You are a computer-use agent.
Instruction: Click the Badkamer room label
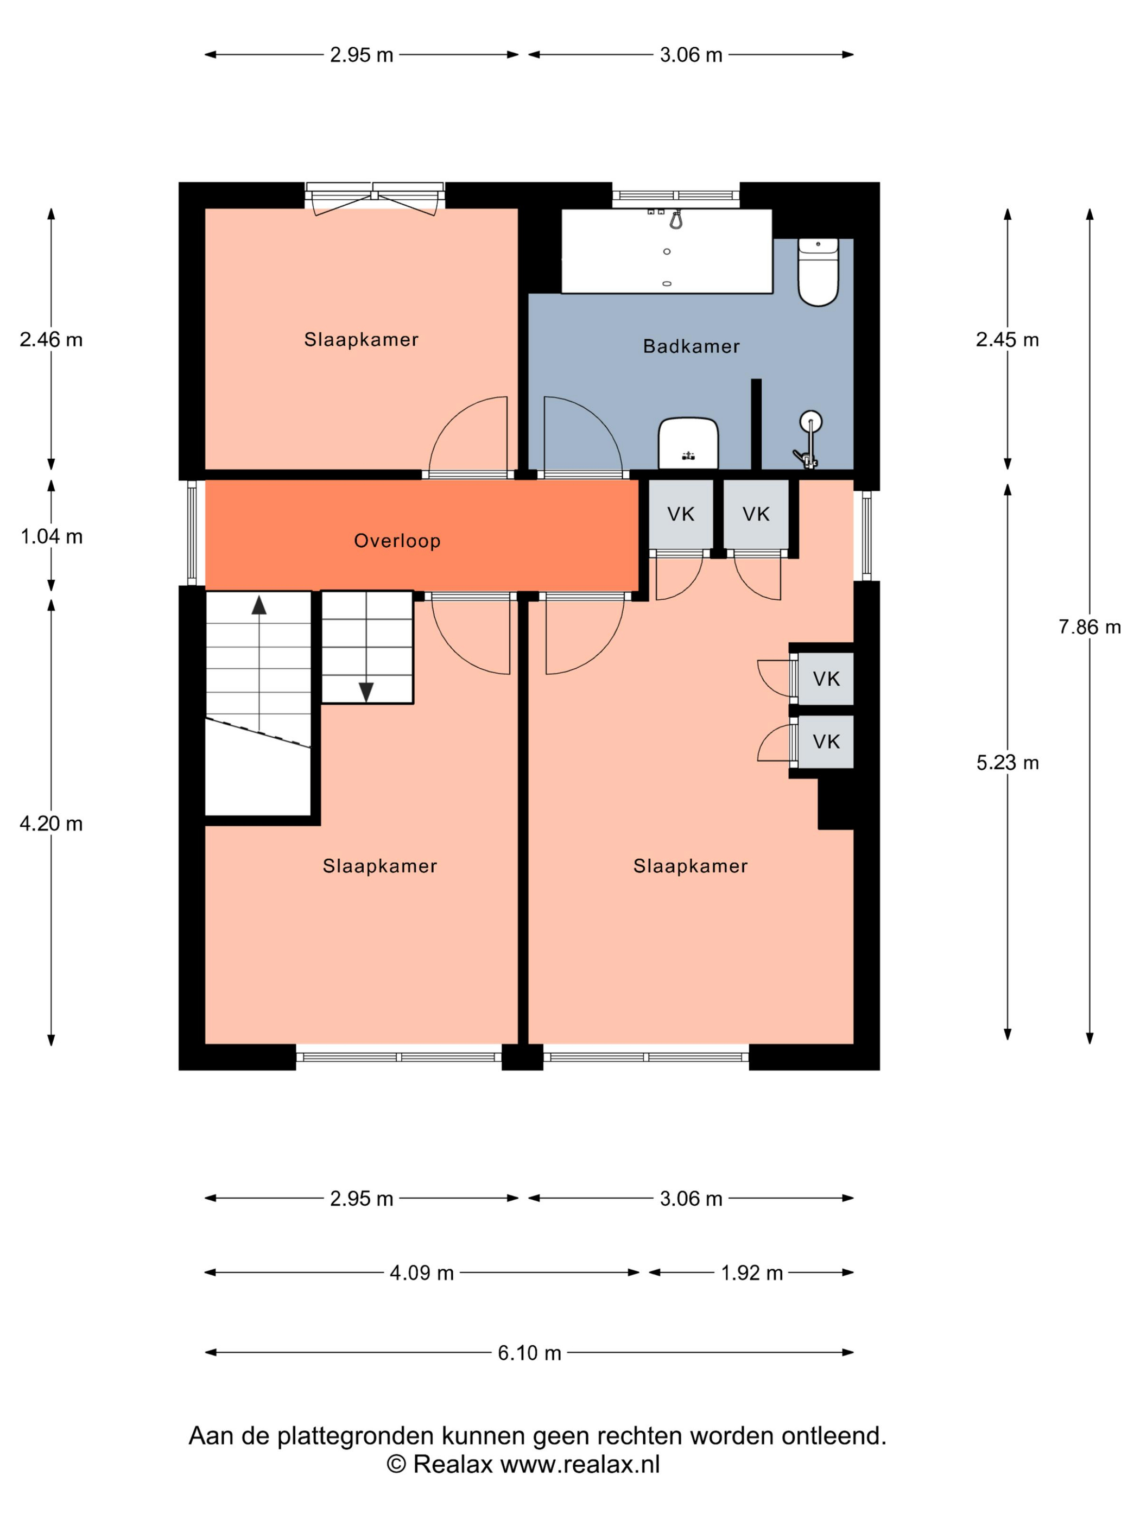pos(691,346)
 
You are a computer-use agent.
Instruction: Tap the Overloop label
pos(397,541)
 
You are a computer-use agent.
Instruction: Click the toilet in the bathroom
pos(818,271)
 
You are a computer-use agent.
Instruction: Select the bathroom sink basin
pos(688,443)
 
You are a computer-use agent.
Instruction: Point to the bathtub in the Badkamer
pos(667,251)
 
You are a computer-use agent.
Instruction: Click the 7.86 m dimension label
pos(1089,626)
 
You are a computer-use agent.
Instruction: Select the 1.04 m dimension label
pos(52,537)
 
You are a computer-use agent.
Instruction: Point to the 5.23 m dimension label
pos(1008,763)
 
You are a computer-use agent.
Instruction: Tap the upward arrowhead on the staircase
pos(258,605)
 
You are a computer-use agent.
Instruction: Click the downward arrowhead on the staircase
pos(366,692)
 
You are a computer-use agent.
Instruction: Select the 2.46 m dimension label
pos(52,339)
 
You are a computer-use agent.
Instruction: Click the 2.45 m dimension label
pos(1008,339)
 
